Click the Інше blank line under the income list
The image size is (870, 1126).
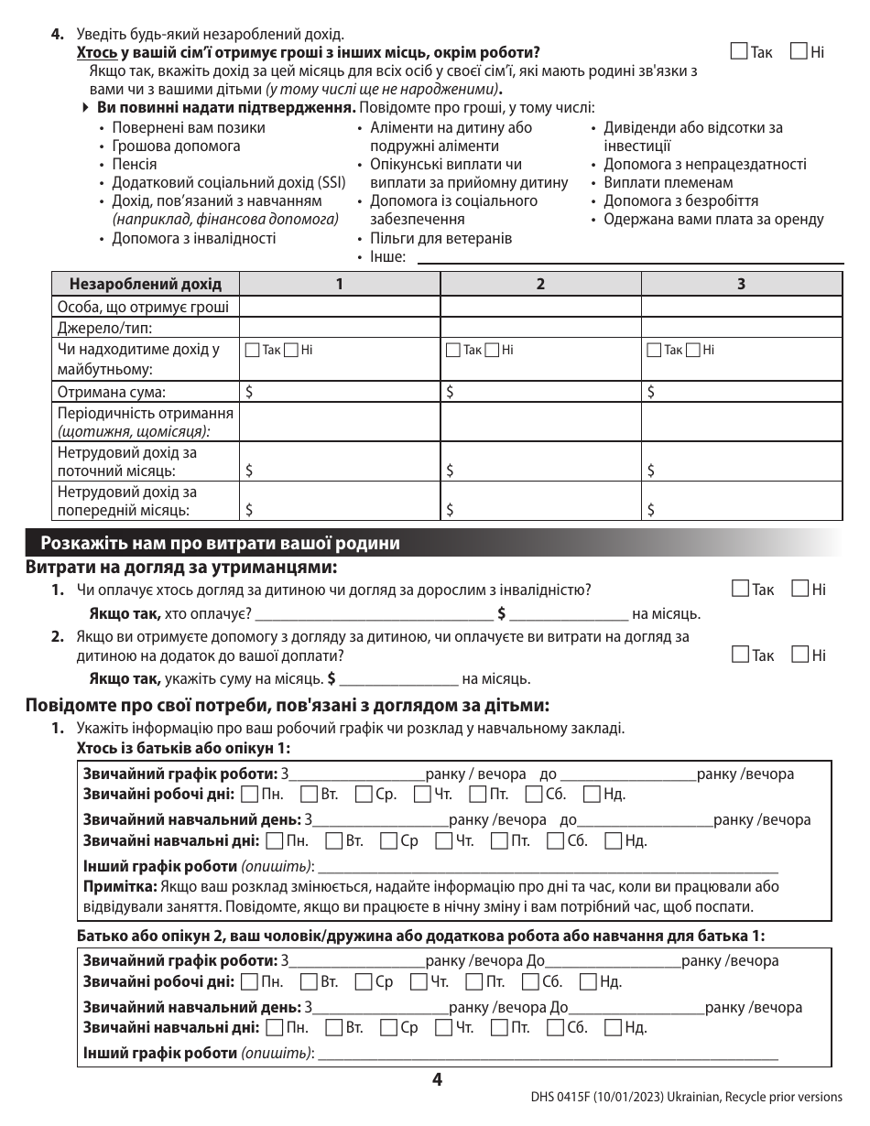(628, 259)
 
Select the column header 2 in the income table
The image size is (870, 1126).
(540, 284)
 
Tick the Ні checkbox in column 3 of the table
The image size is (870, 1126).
(695, 350)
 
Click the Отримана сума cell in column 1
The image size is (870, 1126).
(339, 393)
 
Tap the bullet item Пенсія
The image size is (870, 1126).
(134, 165)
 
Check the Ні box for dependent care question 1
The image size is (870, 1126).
(799, 590)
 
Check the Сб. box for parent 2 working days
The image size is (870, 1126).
(530, 982)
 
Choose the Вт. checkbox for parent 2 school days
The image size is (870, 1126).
(332, 1027)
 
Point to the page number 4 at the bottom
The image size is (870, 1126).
(437, 1080)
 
